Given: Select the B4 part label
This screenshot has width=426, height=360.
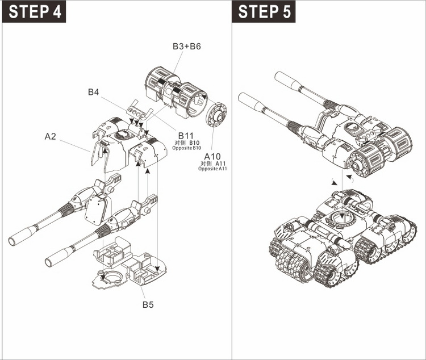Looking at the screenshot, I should pos(95,91).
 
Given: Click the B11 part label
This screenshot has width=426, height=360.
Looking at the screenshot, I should pos(186,135).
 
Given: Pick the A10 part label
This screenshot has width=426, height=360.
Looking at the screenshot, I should pos(213,156).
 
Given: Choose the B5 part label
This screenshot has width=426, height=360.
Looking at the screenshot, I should pos(148,305).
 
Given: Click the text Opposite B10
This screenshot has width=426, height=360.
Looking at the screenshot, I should pos(187,148).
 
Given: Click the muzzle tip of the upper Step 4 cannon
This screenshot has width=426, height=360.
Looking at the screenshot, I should pos(16,238).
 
